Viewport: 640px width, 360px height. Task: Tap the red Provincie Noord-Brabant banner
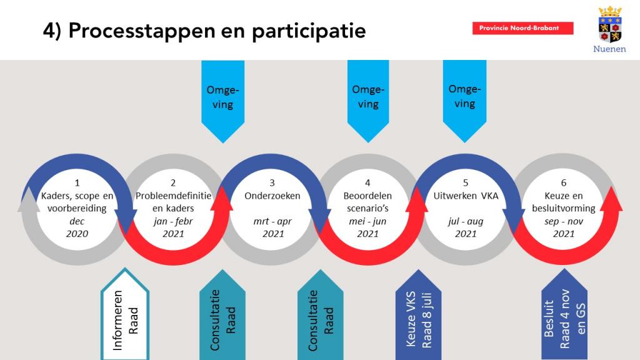tap(523, 28)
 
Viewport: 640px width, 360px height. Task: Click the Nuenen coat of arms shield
tap(610, 24)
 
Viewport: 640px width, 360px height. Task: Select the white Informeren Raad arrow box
tap(125, 315)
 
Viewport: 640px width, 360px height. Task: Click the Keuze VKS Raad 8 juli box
tap(418, 315)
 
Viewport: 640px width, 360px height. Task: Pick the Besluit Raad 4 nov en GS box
tap(564, 315)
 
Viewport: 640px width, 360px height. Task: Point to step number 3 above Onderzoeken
tap(272, 183)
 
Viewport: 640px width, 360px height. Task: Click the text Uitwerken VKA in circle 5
tap(466, 196)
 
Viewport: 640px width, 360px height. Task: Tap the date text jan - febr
tap(173, 221)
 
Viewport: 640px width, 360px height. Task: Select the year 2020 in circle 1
tap(77, 234)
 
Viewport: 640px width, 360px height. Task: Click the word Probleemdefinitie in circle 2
tap(174, 196)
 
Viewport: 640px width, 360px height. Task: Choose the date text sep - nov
tap(564, 222)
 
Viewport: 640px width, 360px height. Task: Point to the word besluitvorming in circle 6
tap(564, 209)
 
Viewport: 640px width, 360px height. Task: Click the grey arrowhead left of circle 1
tap(29, 200)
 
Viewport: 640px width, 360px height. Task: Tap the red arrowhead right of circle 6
tap(611, 199)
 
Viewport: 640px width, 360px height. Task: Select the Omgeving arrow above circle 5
tap(464, 101)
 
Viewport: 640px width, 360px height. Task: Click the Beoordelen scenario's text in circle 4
tap(367, 202)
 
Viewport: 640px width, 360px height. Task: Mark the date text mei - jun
tap(367, 221)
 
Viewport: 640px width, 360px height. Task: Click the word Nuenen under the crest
tap(609, 49)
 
